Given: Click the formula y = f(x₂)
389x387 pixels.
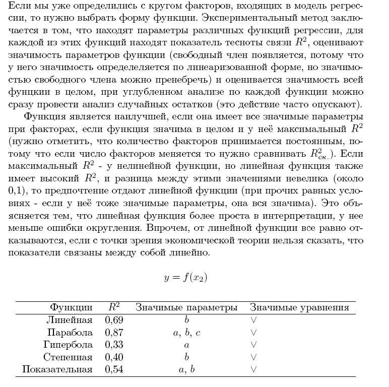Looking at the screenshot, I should pyautogui.click(x=185, y=278).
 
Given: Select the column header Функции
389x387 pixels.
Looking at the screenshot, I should pyautogui.click(x=71, y=307).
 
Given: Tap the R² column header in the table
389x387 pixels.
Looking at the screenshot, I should pyautogui.click(x=114, y=307).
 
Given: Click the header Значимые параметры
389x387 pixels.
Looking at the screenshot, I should pyautogui.click(x=186, y=307).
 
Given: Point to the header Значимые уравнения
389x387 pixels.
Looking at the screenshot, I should pyautogui.click(x=299, y=307).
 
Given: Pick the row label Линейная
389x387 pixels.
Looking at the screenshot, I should pyautogui.click(x=69, y=320).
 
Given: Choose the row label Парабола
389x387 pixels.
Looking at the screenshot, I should pyautogui.click(x=70, y=333).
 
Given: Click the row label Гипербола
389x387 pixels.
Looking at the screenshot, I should pyautogui.click(x=68, y=345).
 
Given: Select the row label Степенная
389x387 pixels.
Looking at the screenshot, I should pyautogui.click(x=68, y=357).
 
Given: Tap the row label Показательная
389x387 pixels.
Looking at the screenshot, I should pyautogui.click(x=57, y=370).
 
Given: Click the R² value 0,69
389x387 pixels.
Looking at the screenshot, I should pyautogui.click(x=114, y=320).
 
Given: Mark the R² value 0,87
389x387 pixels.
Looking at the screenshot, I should pyautogui.click(x=114, y=333).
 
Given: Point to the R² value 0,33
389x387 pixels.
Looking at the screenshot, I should pyautogui.click(x=114, y=345).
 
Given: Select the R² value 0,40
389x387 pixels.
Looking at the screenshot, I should pyautogui.click(x=114, y=357).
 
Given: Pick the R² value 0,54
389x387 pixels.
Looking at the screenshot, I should pyautogui.click(x=114, y=370).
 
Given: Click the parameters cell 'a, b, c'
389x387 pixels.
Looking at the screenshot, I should pyautogui.click(x=186, y=333).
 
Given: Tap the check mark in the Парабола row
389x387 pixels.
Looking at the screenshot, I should pyautogui.click(x=253, y=333).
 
